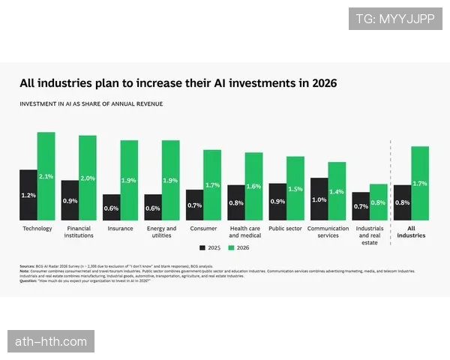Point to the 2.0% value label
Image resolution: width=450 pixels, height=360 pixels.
[x=88, y=178]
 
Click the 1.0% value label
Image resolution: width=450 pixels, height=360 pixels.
[x=319, y=199]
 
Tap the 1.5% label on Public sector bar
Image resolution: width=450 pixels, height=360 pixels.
[x=295, y=189]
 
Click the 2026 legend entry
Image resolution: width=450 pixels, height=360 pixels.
[x=238, y=247]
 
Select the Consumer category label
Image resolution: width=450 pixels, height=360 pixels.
[x=203, y=229]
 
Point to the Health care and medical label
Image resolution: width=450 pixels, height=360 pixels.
[x=244, y=232]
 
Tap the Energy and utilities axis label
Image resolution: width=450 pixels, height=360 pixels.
[x=161, y=232]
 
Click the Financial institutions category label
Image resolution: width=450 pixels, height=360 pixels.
[x=79, y=232]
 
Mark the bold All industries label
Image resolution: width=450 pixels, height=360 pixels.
[x=411, y=232]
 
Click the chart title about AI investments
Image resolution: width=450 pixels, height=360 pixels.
[x=178, y=83]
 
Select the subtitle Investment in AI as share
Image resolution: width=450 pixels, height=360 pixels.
[x=91, y=103]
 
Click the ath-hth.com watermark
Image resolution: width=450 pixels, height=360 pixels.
[x=51, y=342]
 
